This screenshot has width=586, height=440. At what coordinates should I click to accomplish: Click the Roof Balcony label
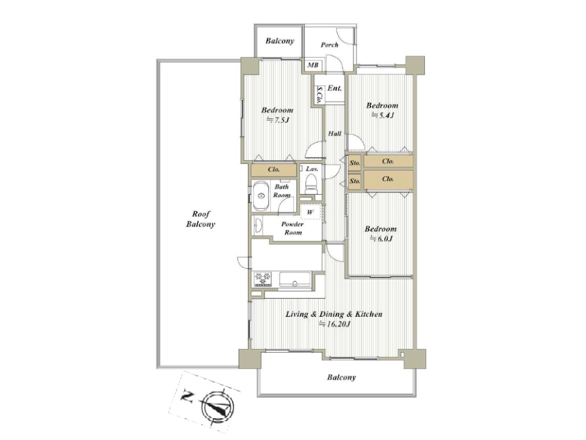point(200,219)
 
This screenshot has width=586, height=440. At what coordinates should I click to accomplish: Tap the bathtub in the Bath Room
point(261,196)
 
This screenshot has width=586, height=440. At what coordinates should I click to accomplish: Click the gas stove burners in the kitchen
point(263,279)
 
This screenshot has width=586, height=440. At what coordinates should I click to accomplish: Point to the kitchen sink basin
point(295,279)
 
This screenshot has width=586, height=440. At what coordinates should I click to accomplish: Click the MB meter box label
point(313,65)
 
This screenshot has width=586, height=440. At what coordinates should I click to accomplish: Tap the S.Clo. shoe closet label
point(319,95)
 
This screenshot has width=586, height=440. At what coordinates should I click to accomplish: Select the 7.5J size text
point(278,120)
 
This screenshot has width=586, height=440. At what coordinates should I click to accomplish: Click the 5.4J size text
point(382,116)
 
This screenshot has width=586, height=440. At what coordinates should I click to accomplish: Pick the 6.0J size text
point(381,239)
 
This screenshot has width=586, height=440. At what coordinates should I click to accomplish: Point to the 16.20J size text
point(334,324)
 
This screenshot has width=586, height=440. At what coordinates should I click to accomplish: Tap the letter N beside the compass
point(187,396)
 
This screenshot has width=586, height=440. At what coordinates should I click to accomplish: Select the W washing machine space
point(311,212)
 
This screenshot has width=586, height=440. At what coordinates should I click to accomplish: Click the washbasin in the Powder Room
point(257,226)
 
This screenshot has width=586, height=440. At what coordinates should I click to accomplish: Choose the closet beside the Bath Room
point(274,170)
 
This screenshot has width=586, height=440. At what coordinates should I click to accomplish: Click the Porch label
point(329,45)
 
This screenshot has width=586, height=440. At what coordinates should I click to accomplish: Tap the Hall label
point(335,134)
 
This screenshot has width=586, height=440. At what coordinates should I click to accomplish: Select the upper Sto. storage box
point(355,163)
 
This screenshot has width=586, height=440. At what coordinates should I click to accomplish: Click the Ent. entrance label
point(335,89)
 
